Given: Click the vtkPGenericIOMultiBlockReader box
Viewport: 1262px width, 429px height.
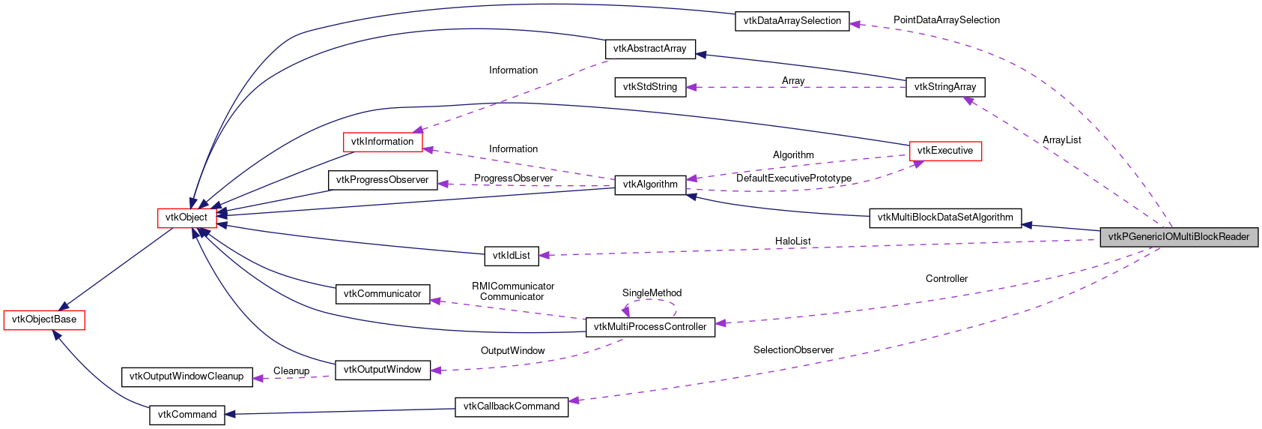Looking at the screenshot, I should [1178, 237].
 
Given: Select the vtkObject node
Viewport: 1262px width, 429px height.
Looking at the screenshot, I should [186, 217].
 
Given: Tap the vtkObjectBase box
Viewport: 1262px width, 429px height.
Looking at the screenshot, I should [44, 319].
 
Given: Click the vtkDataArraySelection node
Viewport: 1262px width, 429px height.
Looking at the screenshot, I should [792, 21].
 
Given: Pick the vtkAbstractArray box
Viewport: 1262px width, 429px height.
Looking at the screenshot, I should [649, 49].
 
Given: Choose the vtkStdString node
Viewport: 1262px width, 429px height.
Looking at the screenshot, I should [649, 87].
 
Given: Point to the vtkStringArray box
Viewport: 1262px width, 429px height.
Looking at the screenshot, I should [944, 87].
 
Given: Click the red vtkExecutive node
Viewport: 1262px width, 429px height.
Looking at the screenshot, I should [944, 151].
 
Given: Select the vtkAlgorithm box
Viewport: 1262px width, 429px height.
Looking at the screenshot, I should [649, 184].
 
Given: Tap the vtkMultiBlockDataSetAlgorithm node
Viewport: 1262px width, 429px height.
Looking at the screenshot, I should [944, 217].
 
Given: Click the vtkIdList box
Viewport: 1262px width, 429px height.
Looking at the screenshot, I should [511, 256].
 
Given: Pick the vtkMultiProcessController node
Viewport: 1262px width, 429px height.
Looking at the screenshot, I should [649, 327].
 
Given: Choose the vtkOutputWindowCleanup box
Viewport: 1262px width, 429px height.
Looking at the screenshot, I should [186, 376].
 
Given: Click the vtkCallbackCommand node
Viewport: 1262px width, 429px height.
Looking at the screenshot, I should [511, 406].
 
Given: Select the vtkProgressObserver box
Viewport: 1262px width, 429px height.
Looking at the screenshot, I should [382, 180].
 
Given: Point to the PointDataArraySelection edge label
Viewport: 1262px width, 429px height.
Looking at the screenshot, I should [946, 20].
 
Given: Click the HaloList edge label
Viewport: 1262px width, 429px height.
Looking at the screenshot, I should [792, 241].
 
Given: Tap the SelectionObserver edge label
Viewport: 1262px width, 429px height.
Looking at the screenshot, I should [793, 350].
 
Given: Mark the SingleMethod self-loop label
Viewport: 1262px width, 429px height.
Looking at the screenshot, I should [652, 292].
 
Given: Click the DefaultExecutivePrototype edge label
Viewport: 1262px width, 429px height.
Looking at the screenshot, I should [793, 178].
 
